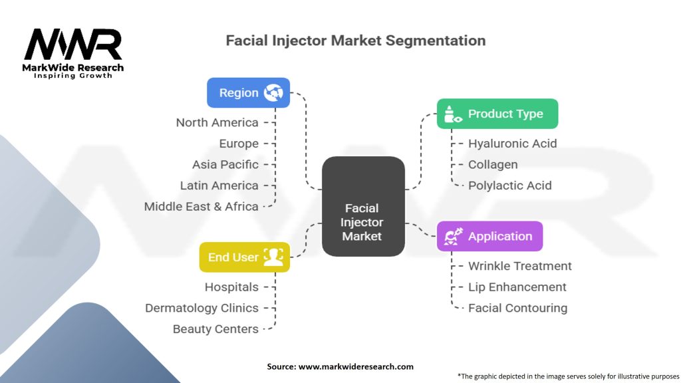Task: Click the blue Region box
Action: click(x=248, y=93)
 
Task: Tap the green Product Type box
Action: click(x=497, y=114)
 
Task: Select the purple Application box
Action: click(x=489, y=236)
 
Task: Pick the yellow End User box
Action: click(x=245, y=257)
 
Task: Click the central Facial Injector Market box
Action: click(x=362, y=207)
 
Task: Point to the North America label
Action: click(x=217, y=122)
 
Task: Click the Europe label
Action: click(x=239, y=144)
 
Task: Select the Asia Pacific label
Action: click(x=225, y=165)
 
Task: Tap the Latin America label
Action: click(x=219, y=186)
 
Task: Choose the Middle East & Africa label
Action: click(x=201, y=207)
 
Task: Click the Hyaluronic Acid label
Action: click(x=512, y=144)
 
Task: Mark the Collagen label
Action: click(x=492, y=165)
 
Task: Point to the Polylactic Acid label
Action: click(x=509, y=186)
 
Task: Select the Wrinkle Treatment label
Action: click(x=519, y=266)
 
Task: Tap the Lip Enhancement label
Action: click(x=517, y=287)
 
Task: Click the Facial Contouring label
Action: click(x=517, y=308)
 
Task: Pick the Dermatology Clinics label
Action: click(x=202, y=308)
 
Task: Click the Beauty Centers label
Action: click(x=215, y=329)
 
